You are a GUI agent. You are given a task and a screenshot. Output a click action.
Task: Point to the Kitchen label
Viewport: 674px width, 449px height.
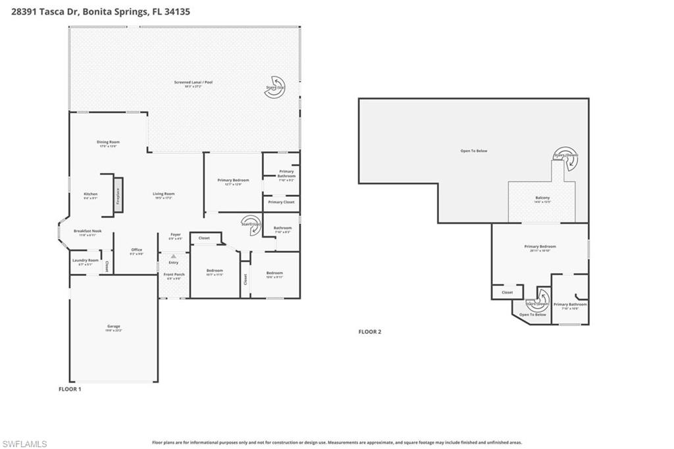91,195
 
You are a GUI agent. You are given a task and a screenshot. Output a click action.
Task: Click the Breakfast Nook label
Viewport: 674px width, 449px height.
88,232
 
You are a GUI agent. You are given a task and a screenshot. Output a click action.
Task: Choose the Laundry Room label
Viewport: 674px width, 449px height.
85,261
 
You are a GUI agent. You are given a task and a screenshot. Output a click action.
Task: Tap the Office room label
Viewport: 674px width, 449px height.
137,250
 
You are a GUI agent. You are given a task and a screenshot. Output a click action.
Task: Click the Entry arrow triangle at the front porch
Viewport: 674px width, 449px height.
174,256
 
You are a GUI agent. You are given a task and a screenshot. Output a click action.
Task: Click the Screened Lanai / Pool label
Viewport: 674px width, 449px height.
194,83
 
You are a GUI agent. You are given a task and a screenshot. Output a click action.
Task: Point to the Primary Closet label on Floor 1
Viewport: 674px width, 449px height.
281,202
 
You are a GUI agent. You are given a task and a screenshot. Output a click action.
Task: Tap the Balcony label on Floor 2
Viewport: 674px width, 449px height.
542,199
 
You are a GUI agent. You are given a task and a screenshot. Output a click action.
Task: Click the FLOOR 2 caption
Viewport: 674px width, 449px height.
369,332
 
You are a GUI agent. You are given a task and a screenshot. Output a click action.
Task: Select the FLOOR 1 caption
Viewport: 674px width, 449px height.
70,389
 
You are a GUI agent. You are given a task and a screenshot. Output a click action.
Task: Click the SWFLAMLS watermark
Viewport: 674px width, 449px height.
24,443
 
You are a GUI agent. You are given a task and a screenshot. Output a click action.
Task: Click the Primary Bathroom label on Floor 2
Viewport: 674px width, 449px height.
569,305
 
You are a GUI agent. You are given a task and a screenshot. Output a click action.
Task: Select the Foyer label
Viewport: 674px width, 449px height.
176,235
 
